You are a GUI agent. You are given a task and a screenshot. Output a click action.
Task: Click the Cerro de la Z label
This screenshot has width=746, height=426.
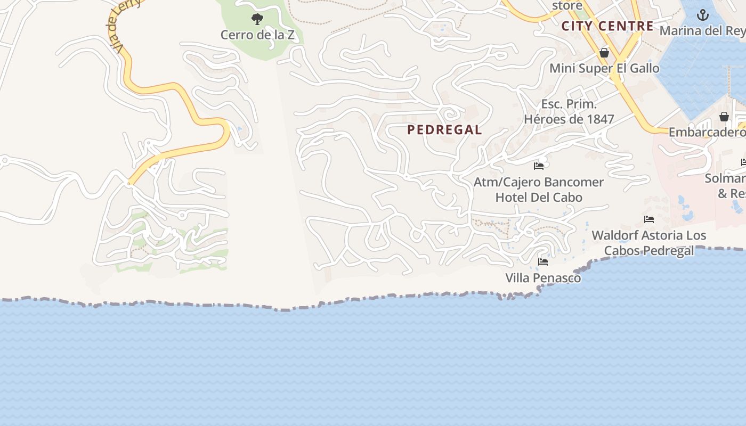tap(257, 35)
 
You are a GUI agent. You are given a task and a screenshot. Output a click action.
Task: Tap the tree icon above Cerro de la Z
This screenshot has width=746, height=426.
tap(257, 20)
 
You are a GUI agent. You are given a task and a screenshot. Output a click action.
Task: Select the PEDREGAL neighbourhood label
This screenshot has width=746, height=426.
tap(444, 129)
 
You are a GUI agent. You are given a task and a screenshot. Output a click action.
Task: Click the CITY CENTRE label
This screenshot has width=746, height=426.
tap(607, 26)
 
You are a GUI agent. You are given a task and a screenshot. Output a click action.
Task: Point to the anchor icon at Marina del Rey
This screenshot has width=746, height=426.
tap(703, 15)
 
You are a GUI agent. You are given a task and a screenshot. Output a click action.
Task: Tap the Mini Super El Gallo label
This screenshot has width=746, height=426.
tap(604, 68)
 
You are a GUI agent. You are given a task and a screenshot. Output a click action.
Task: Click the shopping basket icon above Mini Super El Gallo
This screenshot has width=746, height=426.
tap(604, 53)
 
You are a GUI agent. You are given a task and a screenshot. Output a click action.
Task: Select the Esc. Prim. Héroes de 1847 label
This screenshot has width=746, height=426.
tap(569, 111)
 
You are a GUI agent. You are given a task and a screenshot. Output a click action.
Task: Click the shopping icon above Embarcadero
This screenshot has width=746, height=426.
tap(724, 117)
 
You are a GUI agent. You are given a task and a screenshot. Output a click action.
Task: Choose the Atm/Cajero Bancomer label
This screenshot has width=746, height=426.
tap(539, 182)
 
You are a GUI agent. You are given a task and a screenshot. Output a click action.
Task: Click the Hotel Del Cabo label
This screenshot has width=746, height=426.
tap(539, 198)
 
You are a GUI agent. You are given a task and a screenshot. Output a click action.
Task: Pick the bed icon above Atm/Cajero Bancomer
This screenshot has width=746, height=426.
tap(539, 166)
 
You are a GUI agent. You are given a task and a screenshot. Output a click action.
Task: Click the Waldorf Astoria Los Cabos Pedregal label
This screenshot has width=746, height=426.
tap(648, 243)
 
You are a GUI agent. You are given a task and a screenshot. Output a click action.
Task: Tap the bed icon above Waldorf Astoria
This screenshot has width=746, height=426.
tap(648, 219)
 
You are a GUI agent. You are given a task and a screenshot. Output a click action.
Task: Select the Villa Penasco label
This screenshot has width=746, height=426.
tap(543, 278)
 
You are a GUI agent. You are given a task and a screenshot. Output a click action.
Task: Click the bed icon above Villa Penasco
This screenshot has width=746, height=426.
tap(543, 262)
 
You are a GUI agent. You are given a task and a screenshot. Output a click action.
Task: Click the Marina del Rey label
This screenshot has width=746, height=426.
tap(702, 30)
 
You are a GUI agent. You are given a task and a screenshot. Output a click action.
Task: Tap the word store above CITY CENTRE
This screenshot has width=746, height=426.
tap(567, 5)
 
